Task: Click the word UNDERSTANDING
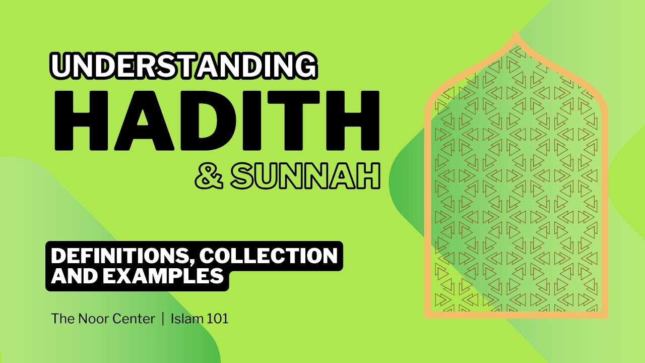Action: pos(184,67)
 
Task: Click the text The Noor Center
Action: pos(103,319)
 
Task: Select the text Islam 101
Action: pos(200,319)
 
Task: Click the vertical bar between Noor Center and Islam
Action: pos(163,319)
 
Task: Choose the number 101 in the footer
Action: pos(217,319)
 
